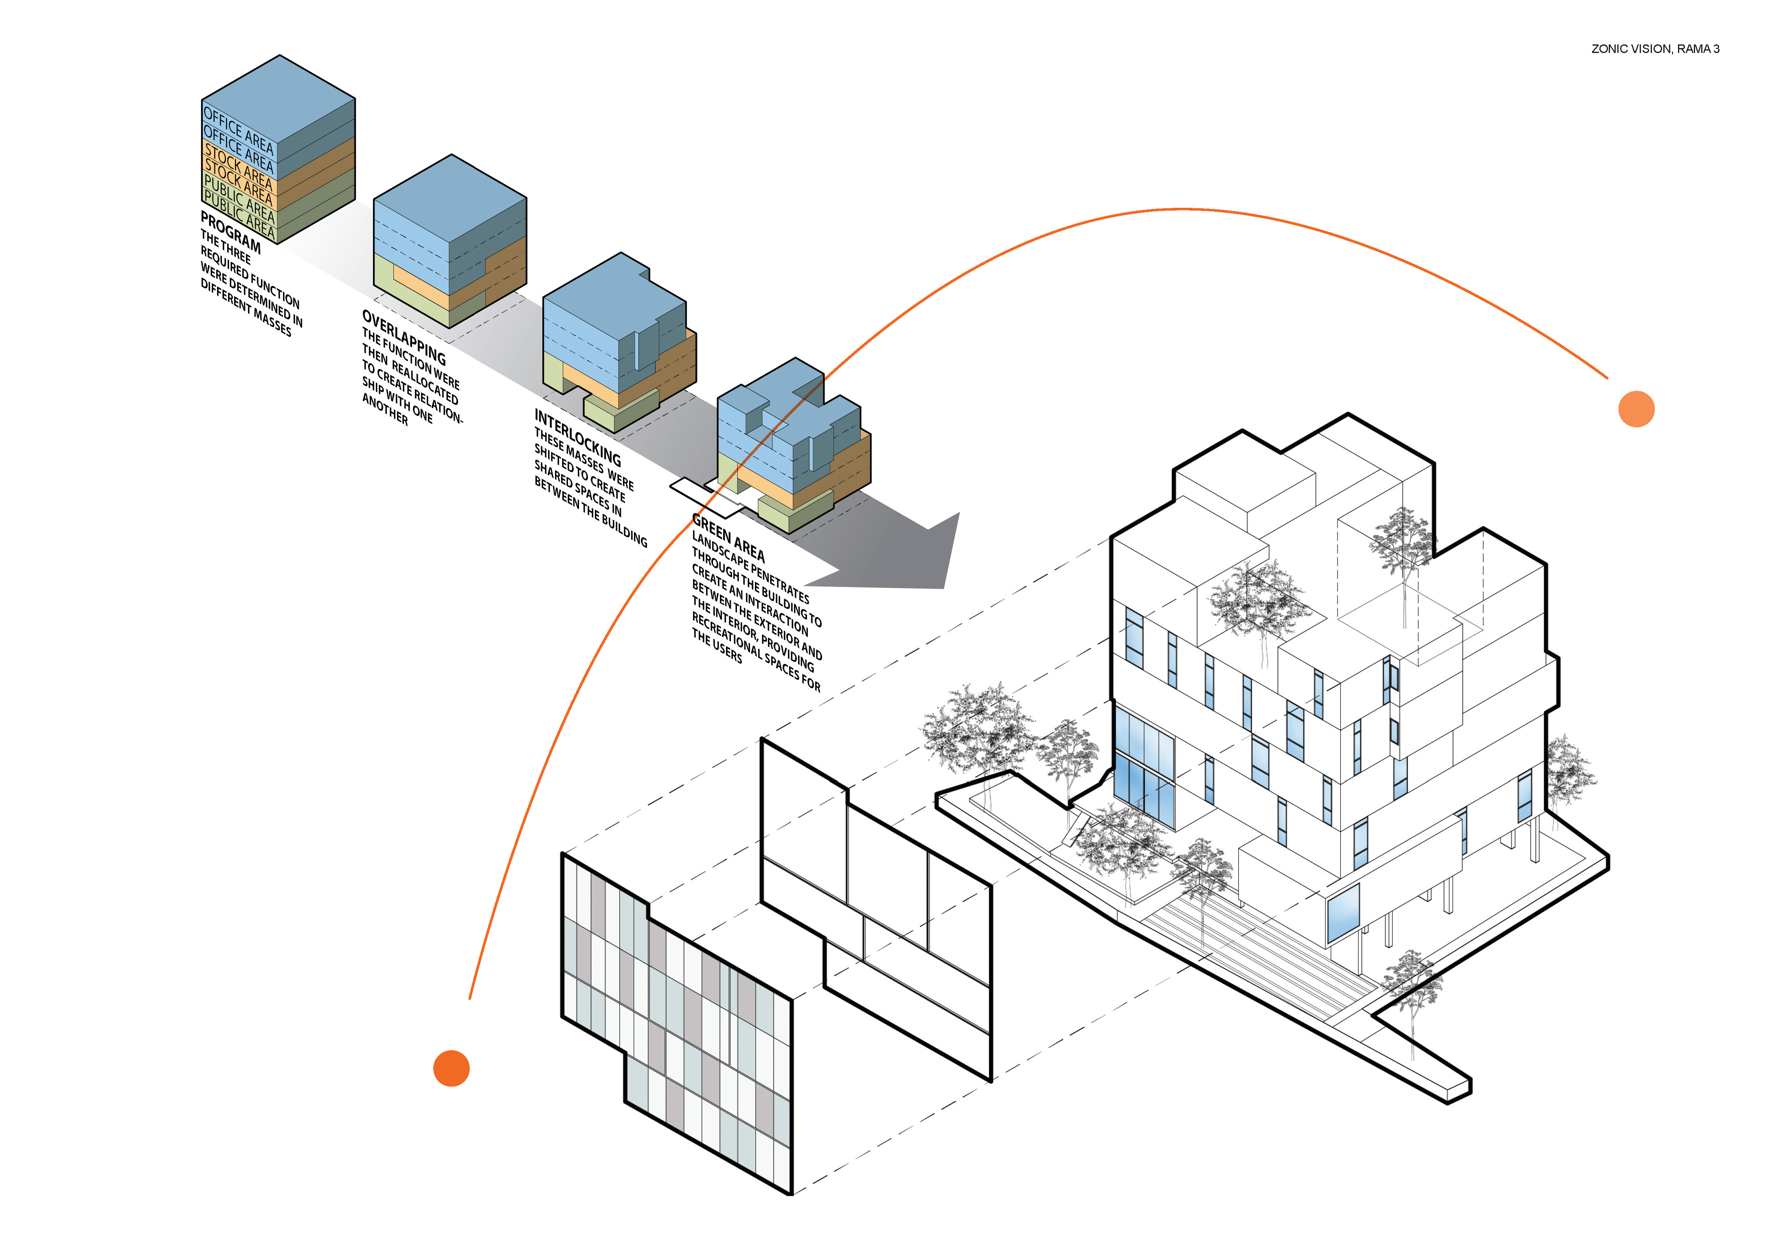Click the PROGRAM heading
(230, 232)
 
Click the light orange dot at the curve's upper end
(1636, 409)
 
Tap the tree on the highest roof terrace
(1402, 543)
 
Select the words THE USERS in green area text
(716, 646)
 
